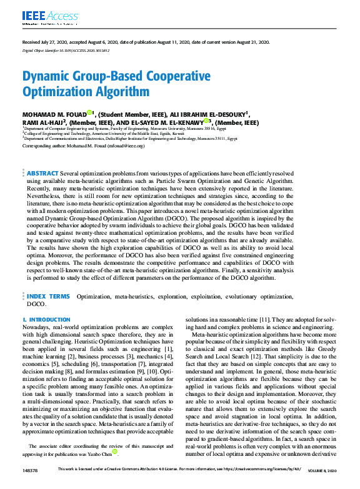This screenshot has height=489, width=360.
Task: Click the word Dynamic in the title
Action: click(53, 77)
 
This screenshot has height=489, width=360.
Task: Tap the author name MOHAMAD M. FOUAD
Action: click(54, 114)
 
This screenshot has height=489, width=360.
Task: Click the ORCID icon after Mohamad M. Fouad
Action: click(89, 113)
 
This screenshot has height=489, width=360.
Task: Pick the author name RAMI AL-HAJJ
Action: click(44, 123)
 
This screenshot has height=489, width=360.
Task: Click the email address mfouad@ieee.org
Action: click(125, 146)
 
